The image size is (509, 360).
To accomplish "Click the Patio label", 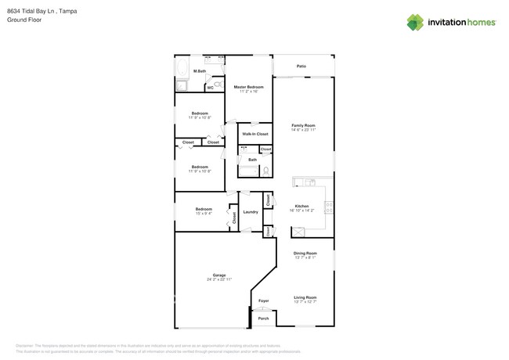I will (301, 67).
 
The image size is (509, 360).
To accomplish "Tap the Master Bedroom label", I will (249, 87).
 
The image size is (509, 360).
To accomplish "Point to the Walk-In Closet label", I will (254, 134).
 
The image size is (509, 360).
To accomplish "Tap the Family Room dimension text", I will (303, 130).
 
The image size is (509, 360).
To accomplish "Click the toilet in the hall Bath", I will (266, 170).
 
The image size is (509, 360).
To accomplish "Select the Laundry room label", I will (251, 212).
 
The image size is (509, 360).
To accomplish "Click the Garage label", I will (219, 275).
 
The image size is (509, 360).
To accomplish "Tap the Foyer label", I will (264, 301).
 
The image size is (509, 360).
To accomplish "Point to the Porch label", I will (263, 319).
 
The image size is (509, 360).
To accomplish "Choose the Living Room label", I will (305, 297).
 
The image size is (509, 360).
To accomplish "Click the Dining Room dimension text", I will (305, 257).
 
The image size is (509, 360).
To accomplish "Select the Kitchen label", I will (301, 206).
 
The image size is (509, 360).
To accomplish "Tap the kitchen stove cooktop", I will (329, 207).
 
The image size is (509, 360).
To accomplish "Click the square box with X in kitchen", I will (298, 232).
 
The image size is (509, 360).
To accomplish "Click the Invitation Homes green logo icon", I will (415, 23).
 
